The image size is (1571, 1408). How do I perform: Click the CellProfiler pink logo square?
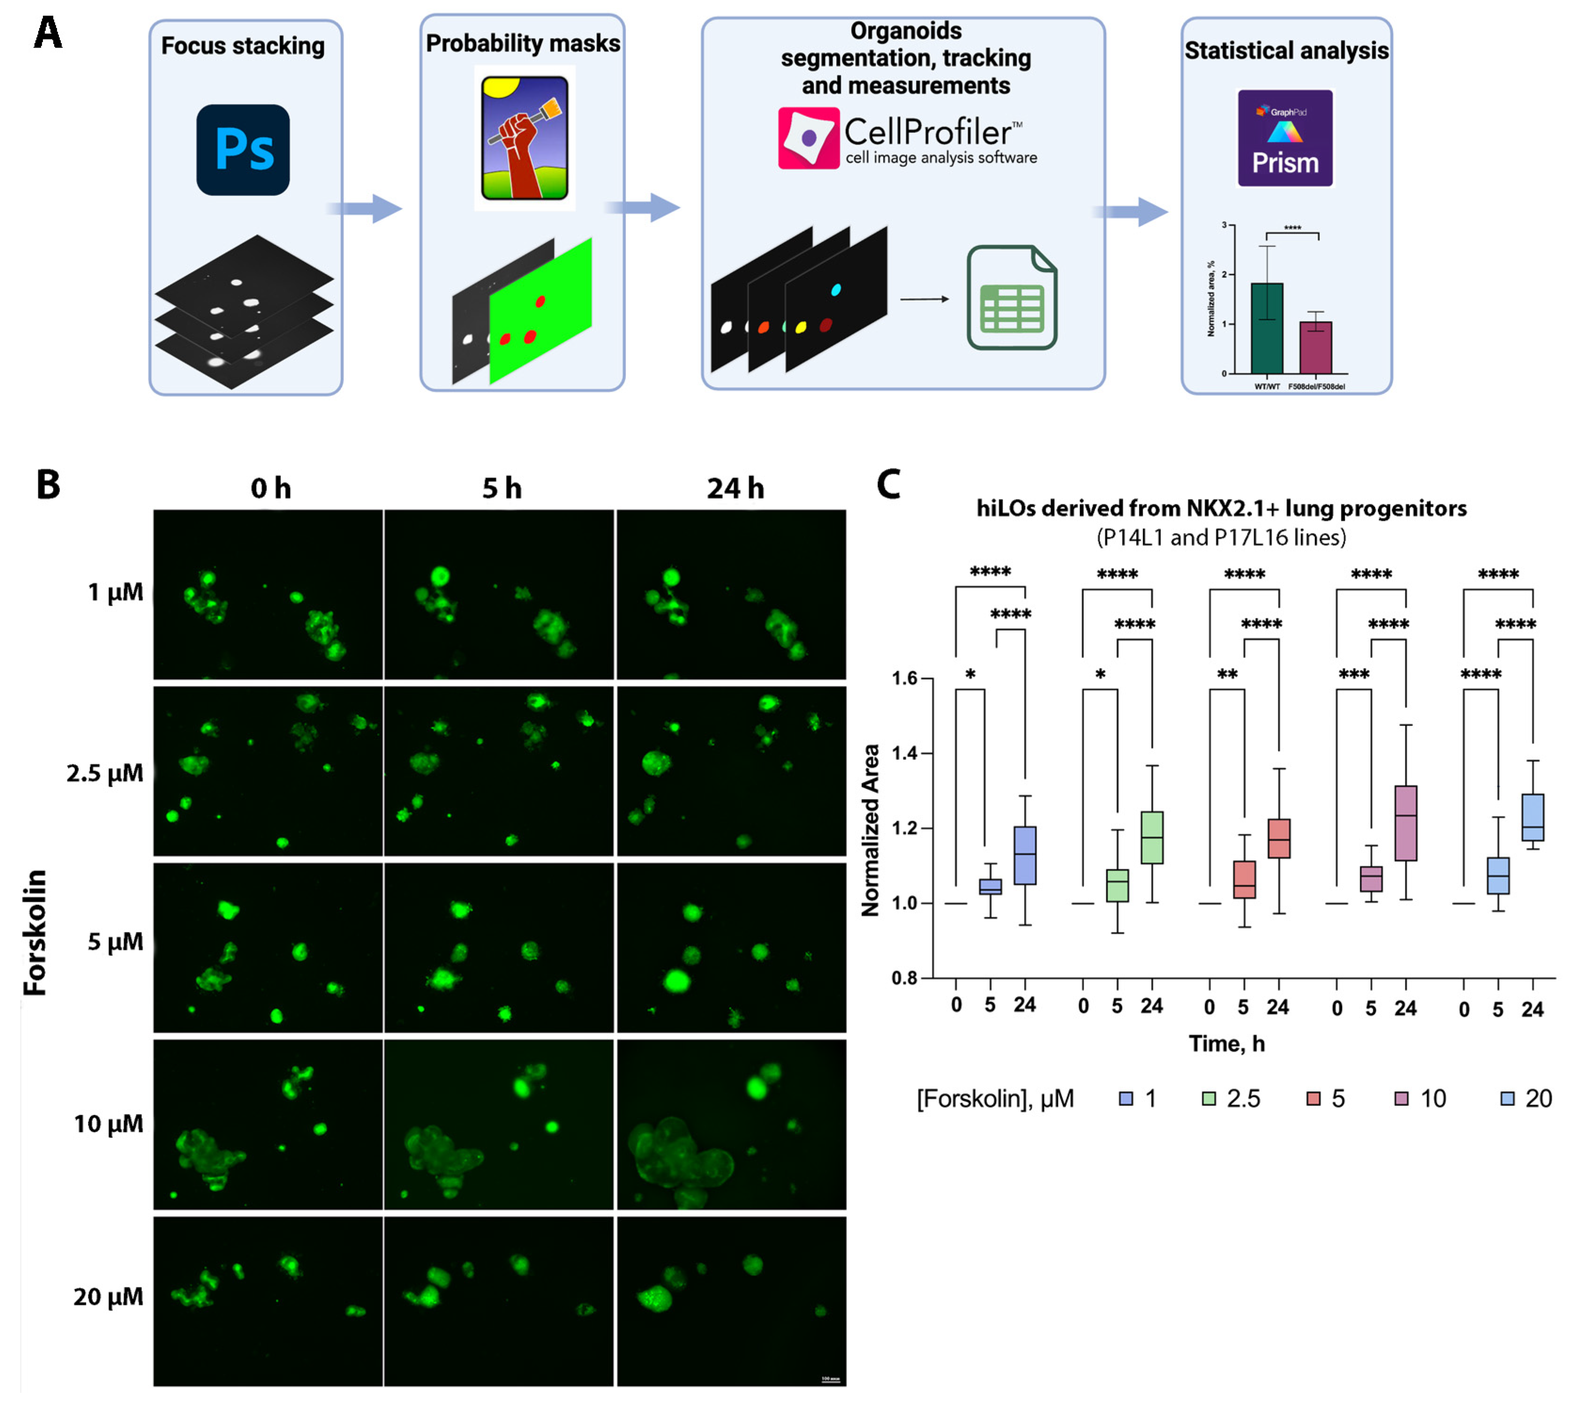click(808, 138)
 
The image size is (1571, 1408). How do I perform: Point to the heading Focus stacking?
click(243, 46)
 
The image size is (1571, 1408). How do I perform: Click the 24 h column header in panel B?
click(735, 488)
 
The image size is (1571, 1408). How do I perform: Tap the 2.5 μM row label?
click(105, 773)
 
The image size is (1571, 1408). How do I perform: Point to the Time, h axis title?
click(1227, 1044)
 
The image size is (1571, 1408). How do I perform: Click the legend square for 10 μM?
click(1401, 1099)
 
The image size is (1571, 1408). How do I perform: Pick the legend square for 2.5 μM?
click(1208, 1099)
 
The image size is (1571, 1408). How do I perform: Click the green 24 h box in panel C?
click(1152, 837)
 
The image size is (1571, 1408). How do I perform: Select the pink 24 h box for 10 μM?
click(1405, 823)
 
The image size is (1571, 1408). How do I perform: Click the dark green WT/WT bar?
click(1266, 328)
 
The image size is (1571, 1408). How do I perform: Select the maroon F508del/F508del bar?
click(1315, 348)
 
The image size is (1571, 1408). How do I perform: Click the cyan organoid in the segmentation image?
click(835, 290)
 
